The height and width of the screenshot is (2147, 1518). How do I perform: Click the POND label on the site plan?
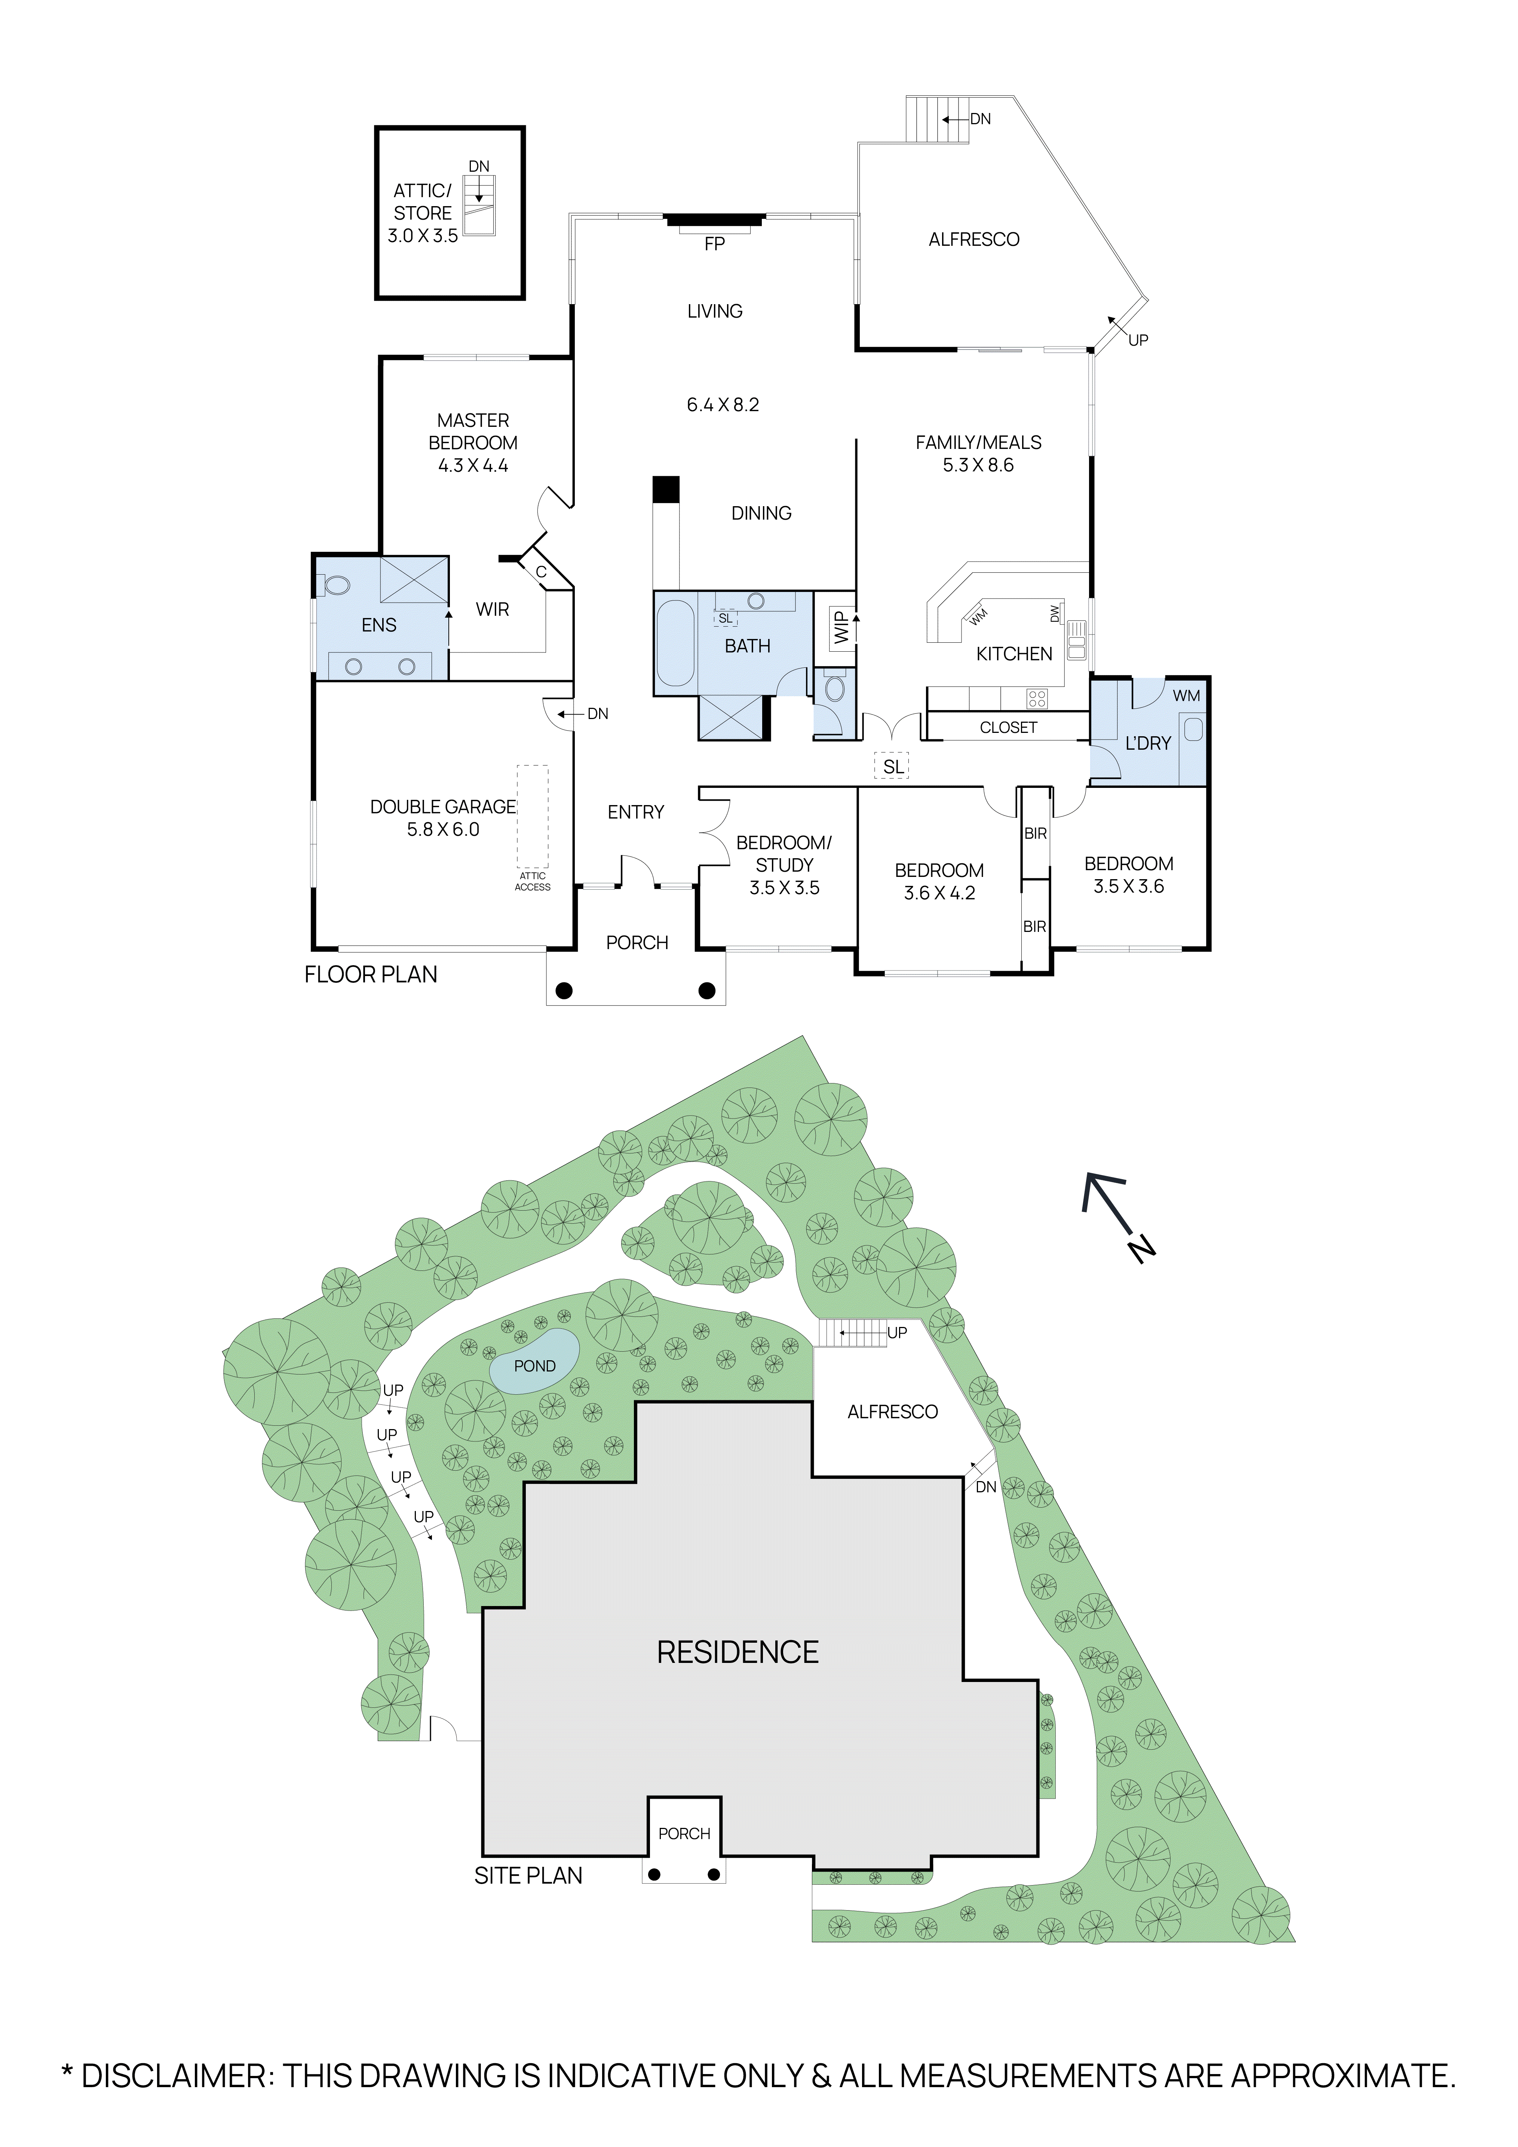(535, 1366)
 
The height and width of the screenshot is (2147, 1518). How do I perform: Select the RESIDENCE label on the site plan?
(737, 1652)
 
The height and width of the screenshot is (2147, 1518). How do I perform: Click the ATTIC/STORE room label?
(423, 202)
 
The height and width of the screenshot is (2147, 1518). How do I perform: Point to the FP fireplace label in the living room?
(714, 244)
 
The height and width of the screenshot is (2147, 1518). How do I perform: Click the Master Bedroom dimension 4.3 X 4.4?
(473, 466)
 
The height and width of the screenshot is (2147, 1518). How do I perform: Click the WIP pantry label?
(841, 627)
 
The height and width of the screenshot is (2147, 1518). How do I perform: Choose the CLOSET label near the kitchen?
(1008, 728)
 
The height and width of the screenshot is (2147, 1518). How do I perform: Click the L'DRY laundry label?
(1148, 743)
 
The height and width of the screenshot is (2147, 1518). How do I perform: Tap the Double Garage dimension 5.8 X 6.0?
(443, 829)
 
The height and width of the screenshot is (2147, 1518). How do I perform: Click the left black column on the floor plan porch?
(564, 990)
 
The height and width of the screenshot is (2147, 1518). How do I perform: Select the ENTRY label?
(636, 813)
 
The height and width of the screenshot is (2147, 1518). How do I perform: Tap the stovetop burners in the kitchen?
(1037, 698)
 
